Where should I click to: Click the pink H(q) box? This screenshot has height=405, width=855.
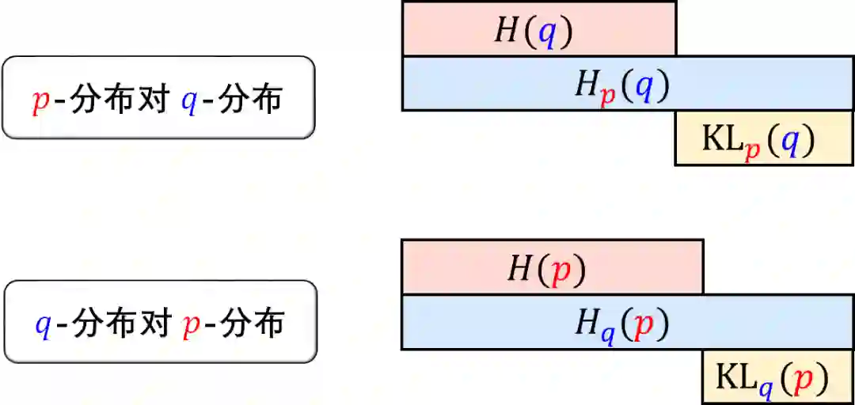point(538,28)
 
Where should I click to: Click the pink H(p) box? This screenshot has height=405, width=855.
point(552,267)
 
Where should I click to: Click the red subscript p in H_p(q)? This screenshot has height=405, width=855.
point(607,93)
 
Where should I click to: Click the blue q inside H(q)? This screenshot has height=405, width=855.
point(547,32)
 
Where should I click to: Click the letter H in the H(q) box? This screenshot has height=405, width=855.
point(507,30)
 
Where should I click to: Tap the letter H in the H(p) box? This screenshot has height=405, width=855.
point(520,269)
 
